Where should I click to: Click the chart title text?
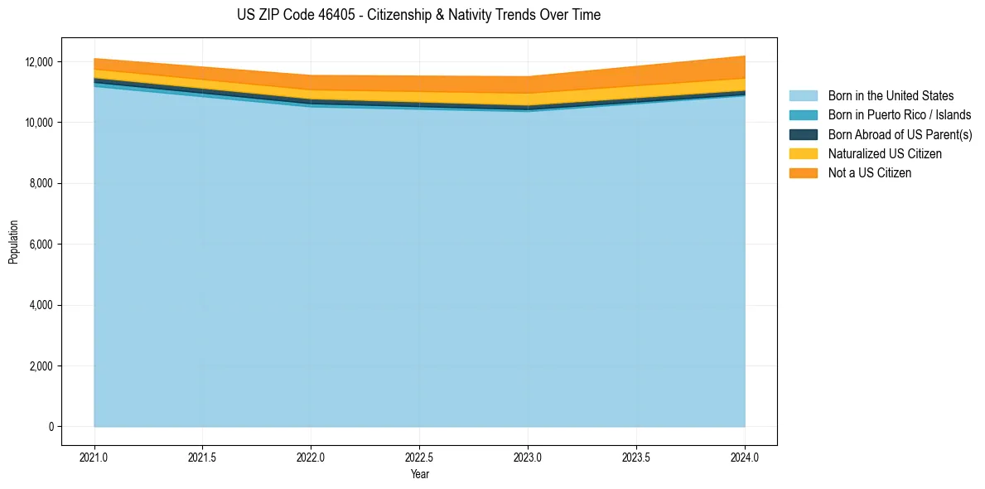(418, 15)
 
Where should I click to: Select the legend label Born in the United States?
(891, 96)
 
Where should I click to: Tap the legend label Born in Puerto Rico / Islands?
(900, 115)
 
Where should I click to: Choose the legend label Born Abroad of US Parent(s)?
(900, 134)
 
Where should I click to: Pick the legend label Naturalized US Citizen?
(885, 154)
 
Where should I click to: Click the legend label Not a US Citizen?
(870, 173)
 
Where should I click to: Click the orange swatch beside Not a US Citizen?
(803, 173)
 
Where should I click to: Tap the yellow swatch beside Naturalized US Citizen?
(803, 154)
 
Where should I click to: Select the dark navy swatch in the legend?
(803, 134)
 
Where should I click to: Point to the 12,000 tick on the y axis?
(38, 62)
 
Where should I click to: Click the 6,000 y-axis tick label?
(41, 244)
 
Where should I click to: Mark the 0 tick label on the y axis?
(51, 427)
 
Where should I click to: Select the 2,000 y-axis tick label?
(41, 366)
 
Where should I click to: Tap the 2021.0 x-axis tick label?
(94, 457)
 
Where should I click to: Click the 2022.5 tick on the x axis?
(419, 457)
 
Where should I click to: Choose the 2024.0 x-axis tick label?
(745, 457)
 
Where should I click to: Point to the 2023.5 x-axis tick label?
(636, 457)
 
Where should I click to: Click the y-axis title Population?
(13, 242)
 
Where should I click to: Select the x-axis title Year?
(419, 474)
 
